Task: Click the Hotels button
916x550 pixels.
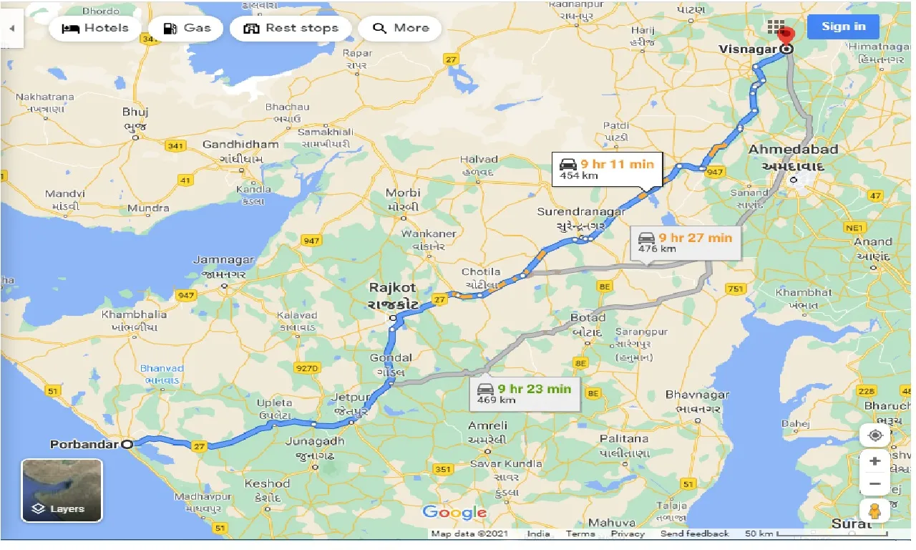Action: (x=94, y=28)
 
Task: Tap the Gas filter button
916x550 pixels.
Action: (x=186, y=28)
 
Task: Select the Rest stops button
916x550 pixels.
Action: (x=291, y=28)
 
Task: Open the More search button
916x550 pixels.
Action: (x=400, y=28)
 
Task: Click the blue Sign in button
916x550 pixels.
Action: (x=843, y=26)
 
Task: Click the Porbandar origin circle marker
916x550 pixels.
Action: (x=127, y=444)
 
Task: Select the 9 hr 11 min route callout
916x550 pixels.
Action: (x=607, y=169)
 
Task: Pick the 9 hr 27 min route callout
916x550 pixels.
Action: (x=686, y=243)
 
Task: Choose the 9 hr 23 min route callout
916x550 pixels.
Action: (x=525, y=394)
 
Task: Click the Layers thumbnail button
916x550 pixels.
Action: (x=62, y=491)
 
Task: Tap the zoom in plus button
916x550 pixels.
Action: (x=874, y=460)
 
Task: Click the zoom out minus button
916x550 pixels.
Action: (x=874, y=484)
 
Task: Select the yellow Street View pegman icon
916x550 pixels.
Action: (x=874, y=510)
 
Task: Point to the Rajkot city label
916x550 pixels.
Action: (x=392, y=288)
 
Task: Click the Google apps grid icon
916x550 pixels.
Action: (x=776, y=27)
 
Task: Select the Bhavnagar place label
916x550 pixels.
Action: (x=697, y=395)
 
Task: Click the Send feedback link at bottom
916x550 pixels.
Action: (x=694, y=534)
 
